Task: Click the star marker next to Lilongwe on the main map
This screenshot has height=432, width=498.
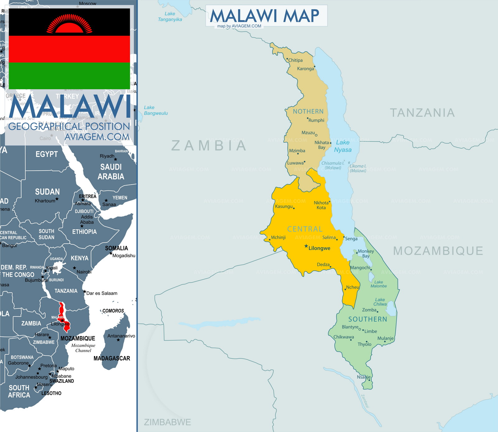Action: point(306,246)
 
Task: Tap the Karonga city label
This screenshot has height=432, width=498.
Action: point(305,68)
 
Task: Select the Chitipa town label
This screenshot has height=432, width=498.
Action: point(295,60)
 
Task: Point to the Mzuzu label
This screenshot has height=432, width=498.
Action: point(308,133)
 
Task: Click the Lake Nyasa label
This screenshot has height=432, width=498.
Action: point(343,146)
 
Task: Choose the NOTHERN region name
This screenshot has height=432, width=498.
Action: point(308,111)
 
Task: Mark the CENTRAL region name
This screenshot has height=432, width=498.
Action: point(305,229)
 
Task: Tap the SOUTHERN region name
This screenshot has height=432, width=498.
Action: point(368,319)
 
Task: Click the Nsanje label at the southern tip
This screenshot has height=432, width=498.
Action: point(364,377)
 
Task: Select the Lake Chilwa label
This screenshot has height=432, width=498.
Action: point(380,302)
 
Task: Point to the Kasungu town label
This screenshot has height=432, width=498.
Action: point(284,206)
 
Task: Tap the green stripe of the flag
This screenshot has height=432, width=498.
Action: point(69,76)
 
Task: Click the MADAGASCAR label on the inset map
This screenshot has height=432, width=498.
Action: point(112,358)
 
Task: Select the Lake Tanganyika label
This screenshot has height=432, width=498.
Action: point(170,16)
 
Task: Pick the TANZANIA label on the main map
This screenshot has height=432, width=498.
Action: point(422,113)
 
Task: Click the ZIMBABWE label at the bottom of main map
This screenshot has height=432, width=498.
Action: point(167,422)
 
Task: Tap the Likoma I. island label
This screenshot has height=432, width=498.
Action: point(358,168)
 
